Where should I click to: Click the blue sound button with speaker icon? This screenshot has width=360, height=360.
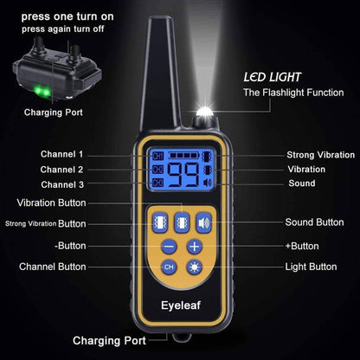203,222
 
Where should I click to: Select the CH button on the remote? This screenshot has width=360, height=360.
170,267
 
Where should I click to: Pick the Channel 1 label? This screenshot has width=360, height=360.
62,154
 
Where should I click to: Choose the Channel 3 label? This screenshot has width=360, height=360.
62,185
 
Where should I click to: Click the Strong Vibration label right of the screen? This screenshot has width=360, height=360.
319,155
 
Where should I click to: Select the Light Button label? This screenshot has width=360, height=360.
312,267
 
